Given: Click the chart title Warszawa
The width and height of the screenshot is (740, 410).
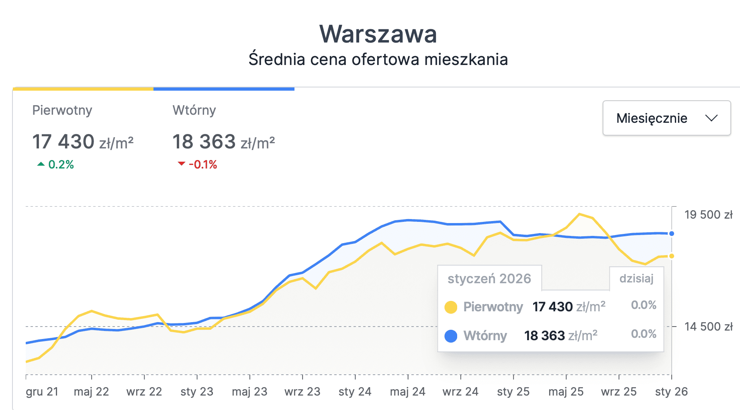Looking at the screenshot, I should pyautogui.click(x=378, y=34).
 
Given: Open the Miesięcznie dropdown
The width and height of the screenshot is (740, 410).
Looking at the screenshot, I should pyautogui.click(x=666, y=118).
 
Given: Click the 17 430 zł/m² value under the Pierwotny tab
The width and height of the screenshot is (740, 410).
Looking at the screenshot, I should pyautogui.click(x=83, y=142).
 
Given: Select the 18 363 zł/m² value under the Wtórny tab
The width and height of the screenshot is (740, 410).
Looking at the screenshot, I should pyautogui.click(x=223, y=142).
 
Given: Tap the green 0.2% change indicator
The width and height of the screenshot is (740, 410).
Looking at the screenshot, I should pyautogui.click(x=56, y=164).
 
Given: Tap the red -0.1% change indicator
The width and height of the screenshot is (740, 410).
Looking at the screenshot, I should pyautogui.click(x=198, y=164).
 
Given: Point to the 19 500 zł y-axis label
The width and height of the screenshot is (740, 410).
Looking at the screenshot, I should pyautogui.click(x=708, y=215).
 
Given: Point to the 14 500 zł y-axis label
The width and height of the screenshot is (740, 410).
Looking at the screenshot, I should pyautogui.click(x=708, y=327).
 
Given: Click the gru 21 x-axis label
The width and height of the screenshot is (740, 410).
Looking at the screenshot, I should pyautogui.click(x=42, y=392).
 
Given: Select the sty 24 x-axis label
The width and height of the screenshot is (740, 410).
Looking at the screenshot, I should pyautogui.click(x=355, y=392).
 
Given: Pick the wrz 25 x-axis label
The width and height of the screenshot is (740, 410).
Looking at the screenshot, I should pyautogui.click(x=619, y=392).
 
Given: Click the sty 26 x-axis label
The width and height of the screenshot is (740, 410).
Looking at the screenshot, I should pyautogui.click(x=671, y=392).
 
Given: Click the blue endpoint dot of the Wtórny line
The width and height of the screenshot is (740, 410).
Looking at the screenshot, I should pyautogui.click(x=672, y=233).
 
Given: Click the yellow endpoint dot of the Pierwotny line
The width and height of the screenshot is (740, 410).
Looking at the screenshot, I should pyautogui.click(x=672, y=256).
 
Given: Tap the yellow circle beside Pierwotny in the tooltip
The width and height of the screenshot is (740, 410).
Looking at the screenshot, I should pyautogui.click(x=451, y=307).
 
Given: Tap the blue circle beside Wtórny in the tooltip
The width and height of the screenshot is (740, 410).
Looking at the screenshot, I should pyautogui.click(x=451, y=336).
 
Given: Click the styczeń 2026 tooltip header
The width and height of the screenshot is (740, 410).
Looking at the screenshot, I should pyautogui.click(x=489, y=278).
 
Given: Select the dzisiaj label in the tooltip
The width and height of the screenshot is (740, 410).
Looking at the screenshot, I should pyautogui.click(x=636, y=278).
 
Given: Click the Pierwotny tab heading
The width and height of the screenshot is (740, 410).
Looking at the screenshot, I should pyautogui.click(x=62, y=110).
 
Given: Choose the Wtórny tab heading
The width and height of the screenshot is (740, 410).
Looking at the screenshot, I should pyautogui.click(x=194, y=110).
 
